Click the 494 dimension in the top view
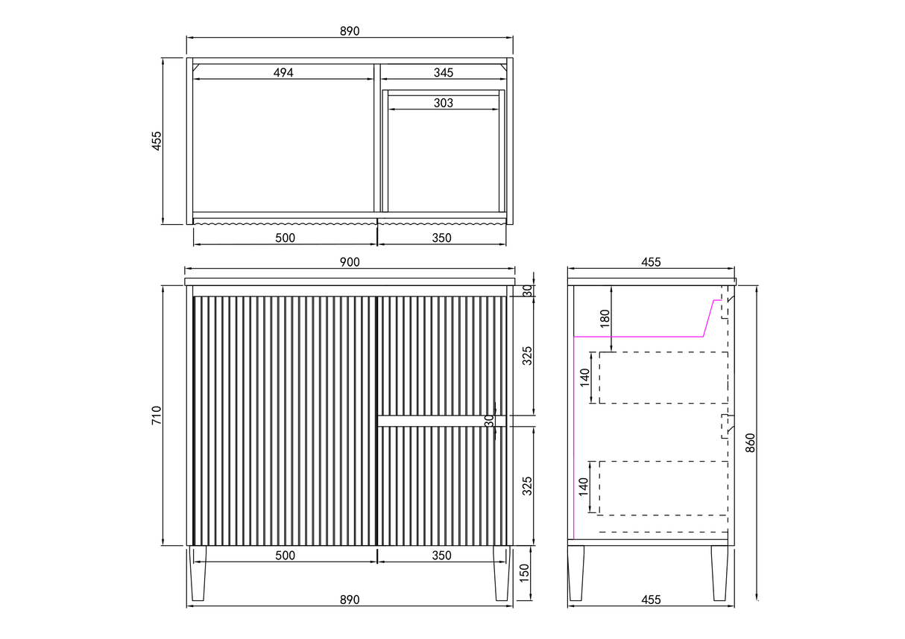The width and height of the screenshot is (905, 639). pyautogui.click(x=283, y=73)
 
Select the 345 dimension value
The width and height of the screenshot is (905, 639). pyautogui.click(x=444, y=73)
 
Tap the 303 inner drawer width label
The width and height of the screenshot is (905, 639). pyautogui.click(x=444, y=103)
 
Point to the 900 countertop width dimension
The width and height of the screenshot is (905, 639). pyautogui.click(x=350, y=262)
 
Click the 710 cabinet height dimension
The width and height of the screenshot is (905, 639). pyautogui.click(x=157, y=415)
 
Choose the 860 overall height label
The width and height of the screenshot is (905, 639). pyautogui.click(x=750, y=443)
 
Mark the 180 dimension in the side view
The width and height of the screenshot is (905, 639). pyautogui.click(x=605, y=319)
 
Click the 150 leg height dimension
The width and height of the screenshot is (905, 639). pyautogui.click(x=524, y=573)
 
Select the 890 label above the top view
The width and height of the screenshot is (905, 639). pyautogui.click(x=350, y=31)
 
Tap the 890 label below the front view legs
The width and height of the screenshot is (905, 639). pyautogui.click(x=350, y=600)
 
